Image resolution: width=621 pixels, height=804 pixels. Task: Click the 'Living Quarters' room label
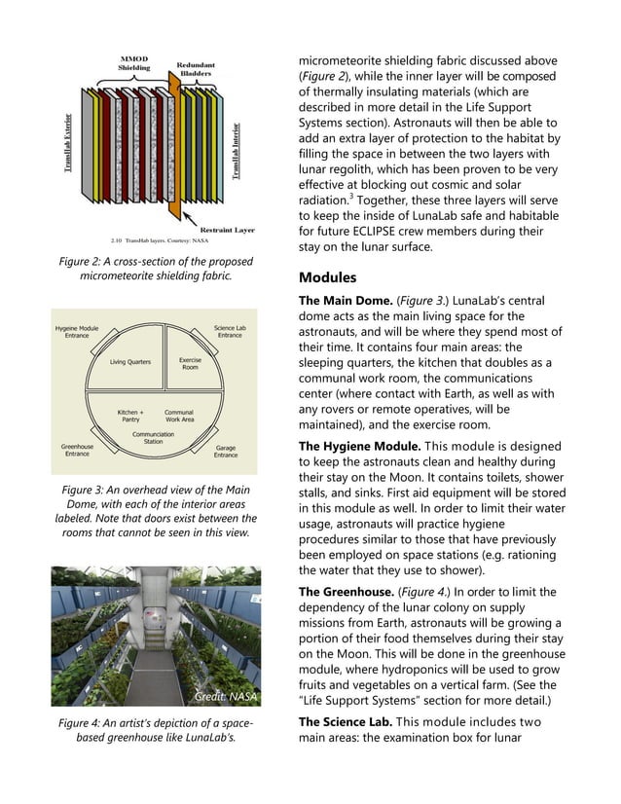click(130, 362)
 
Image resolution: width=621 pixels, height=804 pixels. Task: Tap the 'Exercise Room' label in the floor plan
click(190, 363)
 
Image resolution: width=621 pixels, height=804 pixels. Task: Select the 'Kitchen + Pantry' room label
click(130, 417)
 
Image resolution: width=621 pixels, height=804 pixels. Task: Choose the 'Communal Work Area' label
click(179, 417)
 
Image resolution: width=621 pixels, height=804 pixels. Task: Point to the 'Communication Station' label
click(153, 438)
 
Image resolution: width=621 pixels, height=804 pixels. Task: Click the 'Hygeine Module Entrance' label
click(76, 332)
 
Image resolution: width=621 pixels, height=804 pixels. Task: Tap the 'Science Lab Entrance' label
click(230, 332)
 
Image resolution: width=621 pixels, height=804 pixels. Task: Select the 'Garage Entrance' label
click(226, 452)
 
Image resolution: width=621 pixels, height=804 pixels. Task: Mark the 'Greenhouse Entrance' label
click(77, 451)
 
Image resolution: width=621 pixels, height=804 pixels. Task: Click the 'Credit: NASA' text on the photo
click(225, 696)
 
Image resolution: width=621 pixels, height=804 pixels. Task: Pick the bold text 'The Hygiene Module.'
click(353, 446)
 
